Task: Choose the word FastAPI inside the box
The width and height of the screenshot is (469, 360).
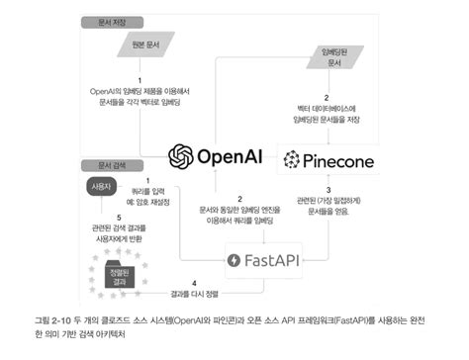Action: [x=266, y=261]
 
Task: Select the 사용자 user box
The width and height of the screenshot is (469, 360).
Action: [x=100, y=186]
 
